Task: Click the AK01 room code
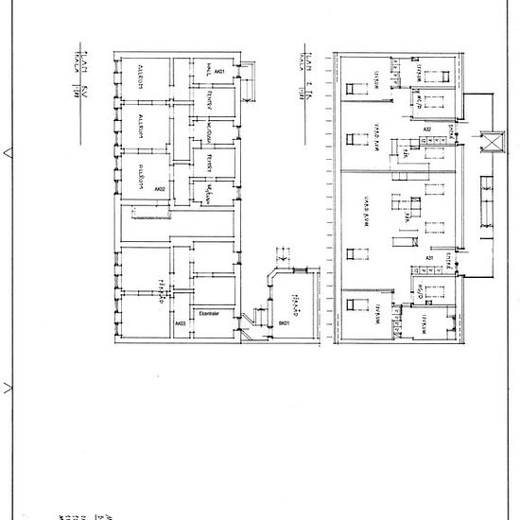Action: tap(219, 72)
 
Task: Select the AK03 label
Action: tap(180, 324)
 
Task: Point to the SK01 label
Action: tap(283, 324)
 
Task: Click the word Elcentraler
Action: tap(208, 310)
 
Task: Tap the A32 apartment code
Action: tap(427, 130)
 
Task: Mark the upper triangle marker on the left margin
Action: tap(9, 150)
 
